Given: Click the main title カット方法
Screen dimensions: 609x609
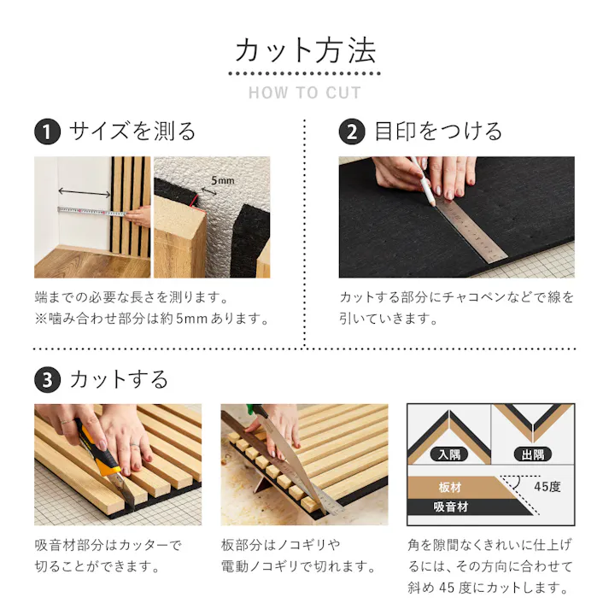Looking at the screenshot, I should point(305,50).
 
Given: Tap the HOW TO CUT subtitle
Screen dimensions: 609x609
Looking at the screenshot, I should point(305,93).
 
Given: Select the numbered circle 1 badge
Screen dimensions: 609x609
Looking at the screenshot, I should point(47,132).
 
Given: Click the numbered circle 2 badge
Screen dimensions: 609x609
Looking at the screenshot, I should point(352,132).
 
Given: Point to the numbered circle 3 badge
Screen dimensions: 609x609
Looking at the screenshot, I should point(47,378).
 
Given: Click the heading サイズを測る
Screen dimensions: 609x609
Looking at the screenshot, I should point(132,132).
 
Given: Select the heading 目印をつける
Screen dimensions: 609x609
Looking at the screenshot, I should point(438,132).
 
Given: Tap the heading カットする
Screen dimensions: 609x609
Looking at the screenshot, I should point(119,378).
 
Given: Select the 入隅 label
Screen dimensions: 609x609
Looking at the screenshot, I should point(447,454).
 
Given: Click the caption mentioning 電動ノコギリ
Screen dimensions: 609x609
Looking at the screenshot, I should point(299,566).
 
